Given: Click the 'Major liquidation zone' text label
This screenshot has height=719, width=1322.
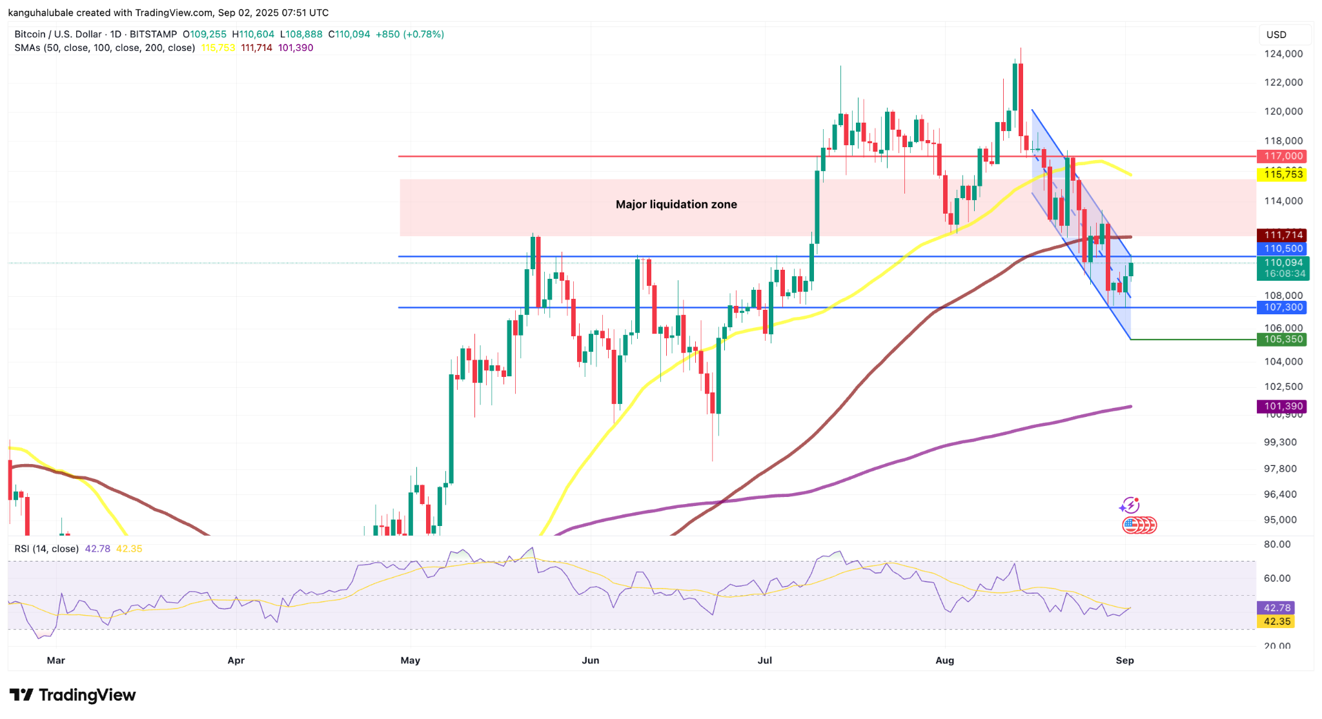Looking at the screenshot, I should (676, 205).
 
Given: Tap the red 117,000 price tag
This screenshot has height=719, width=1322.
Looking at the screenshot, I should (1282, 156).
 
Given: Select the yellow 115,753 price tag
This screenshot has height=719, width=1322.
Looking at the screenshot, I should (1282, 174).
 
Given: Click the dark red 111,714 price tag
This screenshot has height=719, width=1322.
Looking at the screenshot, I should (1282, 235).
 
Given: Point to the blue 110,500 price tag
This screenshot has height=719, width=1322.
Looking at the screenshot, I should (1282, 248).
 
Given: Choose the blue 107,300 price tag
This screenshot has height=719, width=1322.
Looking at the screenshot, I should (1282, 307).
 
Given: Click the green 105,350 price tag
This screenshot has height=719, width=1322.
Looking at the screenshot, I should (1282, 339).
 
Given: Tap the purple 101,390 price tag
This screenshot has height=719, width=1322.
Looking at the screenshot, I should (1282, 407).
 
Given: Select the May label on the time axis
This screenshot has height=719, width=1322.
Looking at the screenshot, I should (411, 660).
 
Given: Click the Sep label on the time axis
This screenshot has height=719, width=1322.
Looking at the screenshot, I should (1125, 660).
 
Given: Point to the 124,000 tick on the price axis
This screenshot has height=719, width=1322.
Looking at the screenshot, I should (1283, 54).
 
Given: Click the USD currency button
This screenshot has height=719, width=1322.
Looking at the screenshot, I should (1276, 35).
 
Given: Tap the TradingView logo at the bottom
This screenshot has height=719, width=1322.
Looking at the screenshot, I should (72, 695).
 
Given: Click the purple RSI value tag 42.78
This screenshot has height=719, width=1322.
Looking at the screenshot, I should (1276, 608).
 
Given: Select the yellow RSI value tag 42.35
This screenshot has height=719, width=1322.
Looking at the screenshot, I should (1276, 622).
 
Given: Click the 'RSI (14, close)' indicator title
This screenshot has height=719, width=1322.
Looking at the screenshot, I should (46, 549).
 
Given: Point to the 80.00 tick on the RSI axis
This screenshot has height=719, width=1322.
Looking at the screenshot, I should (1277, 544).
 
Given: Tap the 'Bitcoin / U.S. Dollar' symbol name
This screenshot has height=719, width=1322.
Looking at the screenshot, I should (58, 34).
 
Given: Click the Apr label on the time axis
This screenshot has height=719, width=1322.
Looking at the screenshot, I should (236, 660).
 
